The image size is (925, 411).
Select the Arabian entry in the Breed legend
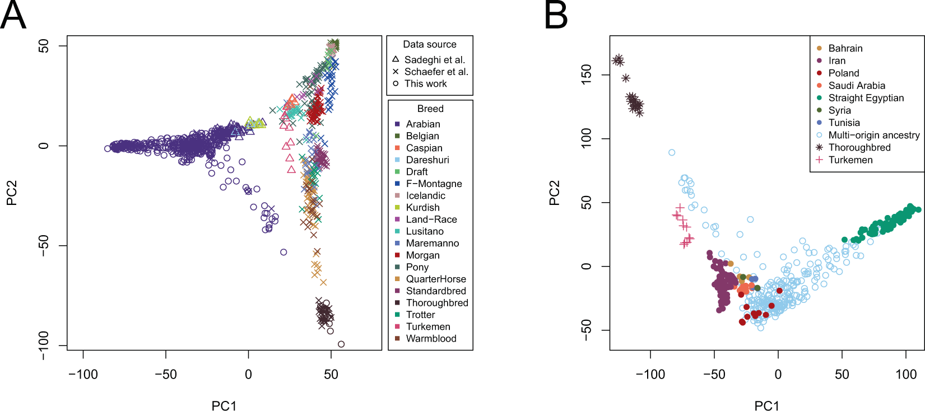pyautogui.click(x=423, y=124)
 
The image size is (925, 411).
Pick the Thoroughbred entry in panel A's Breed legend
pyautogui.click(x=436, y=303)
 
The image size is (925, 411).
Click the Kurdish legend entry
pyautogui.click(x=422, y=207)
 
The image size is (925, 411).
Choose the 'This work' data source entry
pyautogui.click(x=425, y=83)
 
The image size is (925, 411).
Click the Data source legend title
pyautogui.click(x=430, y=44)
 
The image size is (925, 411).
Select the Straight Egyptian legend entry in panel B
pyautogui.click(x=866, y=98)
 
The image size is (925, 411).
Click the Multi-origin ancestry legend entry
pyautogui.click(x=873, y=135)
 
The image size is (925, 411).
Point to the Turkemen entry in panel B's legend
pyautogui.click(x=850, y=160)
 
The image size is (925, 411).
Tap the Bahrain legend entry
pyautogui.click(x=845, y=48)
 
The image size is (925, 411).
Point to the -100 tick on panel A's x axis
pyautogui.click(x=83, y=374)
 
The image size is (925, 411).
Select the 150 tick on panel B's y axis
pyautogui.click(x=586, y=74)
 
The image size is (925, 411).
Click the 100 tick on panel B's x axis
pyautogui.click(x=906, y=374)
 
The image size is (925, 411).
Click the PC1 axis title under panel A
pyautogui.click(x=224, y=405)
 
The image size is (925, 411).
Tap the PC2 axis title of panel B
pyautogui.click(x=555, y=193)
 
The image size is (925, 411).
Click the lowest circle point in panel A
pyautogui.click(x=341, y=344)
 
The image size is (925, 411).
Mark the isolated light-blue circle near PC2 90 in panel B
pyautogui.click(x=672, y=152)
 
